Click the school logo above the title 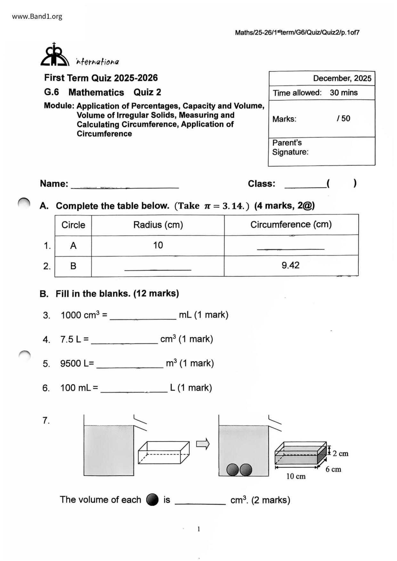[55, 55]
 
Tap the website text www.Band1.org [37, 17]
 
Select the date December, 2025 [342, 78]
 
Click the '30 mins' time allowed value [344, 93]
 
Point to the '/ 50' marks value [343, 119]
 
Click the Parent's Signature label [290, 147]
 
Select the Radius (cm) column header [158, 225]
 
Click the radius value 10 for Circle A [158, 245]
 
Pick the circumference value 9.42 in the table [290, 265]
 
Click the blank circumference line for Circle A [290, 247]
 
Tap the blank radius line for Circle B [158, 268]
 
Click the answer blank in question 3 [143, 317]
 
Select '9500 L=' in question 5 [77, 364]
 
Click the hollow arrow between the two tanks [203, 444]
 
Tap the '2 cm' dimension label [340, 454]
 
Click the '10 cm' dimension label [296, 477]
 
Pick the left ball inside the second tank [233, 470]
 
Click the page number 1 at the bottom [199, 529]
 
